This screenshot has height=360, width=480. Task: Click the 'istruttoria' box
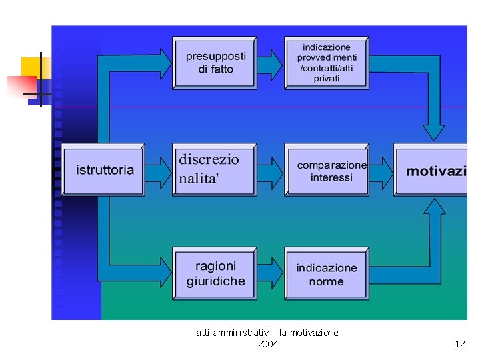point(103,169)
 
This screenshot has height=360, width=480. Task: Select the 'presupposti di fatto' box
point(214,63)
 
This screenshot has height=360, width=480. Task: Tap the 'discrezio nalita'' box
point(213,169)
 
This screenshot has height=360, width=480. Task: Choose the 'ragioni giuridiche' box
point(214,273)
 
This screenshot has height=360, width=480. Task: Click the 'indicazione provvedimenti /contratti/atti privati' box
point(327,63)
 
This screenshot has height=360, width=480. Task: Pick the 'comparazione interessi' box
point(327,169)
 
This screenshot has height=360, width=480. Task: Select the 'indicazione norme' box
point(327,273)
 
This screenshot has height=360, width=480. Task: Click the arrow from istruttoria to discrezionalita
point(159,171)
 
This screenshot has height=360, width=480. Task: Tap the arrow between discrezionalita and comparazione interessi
point(270,171)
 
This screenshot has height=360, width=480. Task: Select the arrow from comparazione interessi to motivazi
point(381,171)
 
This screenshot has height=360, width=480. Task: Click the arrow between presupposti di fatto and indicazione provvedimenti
point(270,64)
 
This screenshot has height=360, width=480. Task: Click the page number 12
point(460,344)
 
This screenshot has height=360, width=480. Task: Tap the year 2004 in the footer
point(268,344)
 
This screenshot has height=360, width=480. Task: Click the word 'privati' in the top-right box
point(327,79)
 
